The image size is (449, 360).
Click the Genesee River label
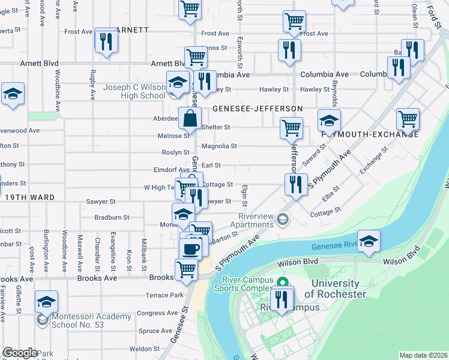(x=334, y=245)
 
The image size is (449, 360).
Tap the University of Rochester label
(x=335, y=289)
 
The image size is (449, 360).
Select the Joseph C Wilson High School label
(x=134, y=91)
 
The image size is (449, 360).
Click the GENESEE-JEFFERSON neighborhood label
(x=257, y=109)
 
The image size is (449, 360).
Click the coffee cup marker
(x=191, y=248)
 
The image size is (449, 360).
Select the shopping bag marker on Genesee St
(x=190, y=119)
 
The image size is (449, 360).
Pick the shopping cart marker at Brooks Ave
(x=186, y=269)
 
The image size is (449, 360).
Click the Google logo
(x=20, y=353)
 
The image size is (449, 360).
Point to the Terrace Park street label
(x=164, y=295)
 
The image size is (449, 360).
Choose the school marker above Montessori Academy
(x=46, y=302)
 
